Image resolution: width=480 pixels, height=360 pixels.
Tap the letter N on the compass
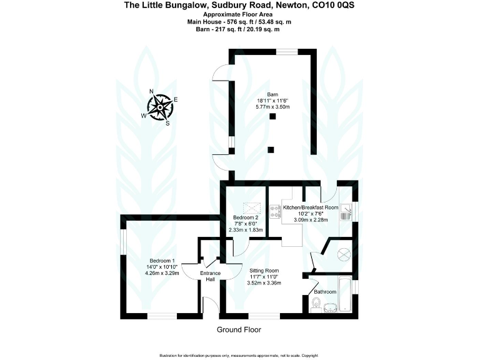click(151, 91)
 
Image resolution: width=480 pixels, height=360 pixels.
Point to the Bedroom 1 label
click(161, 261)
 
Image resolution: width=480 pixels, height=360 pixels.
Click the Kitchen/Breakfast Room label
click(311, 207)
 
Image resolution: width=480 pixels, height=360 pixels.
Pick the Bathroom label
click(325, 292)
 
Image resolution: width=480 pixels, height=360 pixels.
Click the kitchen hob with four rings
click(274, 211)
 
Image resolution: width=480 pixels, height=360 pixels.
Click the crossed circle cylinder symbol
click(343, 254)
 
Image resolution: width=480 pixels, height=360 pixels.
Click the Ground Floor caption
click(239, 329)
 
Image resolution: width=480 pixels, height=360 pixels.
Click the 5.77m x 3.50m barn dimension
click(272, 107)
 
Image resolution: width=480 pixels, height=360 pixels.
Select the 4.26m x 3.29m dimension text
click(161, 272)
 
